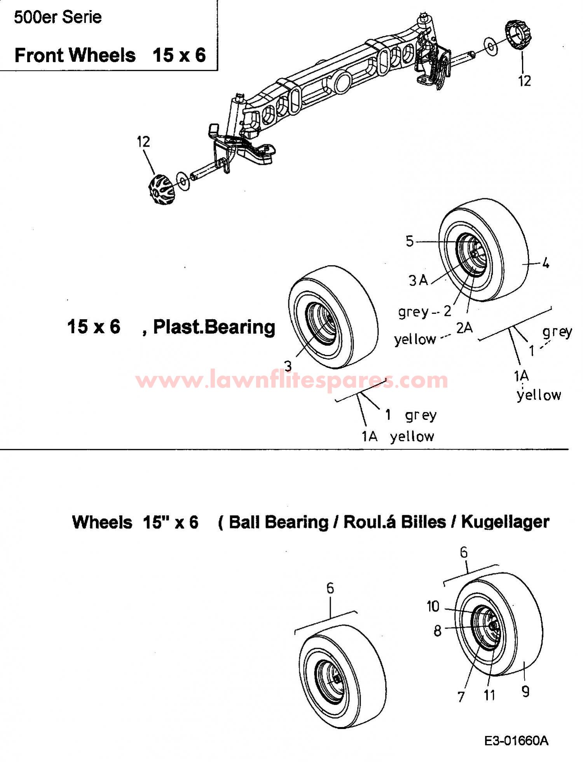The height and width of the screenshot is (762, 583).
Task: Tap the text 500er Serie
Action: [x=58, y=17]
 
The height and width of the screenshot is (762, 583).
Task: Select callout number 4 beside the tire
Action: [x=546, y=264]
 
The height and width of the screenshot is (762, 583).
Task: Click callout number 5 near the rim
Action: [x=410, y=241]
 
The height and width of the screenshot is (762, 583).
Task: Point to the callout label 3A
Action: [x=418, y=280]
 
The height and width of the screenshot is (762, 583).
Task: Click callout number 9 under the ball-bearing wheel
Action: [x=525, y=692]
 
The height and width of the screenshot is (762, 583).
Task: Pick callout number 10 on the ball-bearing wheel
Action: [x=433, y=606]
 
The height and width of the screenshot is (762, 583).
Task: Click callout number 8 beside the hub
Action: [x=438, y=631]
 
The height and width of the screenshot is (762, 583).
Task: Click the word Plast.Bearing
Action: [x=214, y=327]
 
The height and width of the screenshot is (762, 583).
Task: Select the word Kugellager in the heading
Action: [x=505, y=522]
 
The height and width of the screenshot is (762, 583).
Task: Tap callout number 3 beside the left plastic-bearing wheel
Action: [x=288, y=366]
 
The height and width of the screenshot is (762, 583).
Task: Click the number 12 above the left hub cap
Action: [x=143, y=142]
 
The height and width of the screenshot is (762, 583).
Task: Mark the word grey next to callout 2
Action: [x=414, y=312]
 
